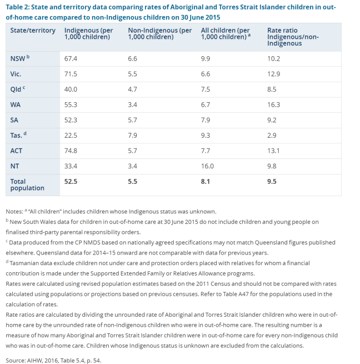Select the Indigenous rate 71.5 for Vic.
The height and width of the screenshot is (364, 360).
[71, 74]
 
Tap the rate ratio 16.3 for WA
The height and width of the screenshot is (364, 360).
[274, 104]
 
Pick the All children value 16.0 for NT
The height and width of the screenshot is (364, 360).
[207, 166]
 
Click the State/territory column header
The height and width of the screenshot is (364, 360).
[33, 31]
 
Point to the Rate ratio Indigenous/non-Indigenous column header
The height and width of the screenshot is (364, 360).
[293, 37]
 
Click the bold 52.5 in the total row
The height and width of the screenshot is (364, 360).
[71, 181]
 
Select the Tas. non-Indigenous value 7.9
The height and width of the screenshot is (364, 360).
[133, 135]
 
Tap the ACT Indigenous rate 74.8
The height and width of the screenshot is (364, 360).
[71, 151]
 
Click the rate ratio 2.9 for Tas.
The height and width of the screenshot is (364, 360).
[272, 135]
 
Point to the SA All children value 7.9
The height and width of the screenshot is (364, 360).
[206, 120]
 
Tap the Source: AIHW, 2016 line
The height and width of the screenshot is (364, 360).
[53, 360]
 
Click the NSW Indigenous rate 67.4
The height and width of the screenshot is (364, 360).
[71, 58]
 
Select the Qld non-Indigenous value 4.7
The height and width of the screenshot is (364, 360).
[133, 89]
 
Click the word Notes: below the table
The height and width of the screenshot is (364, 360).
[15, 211]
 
